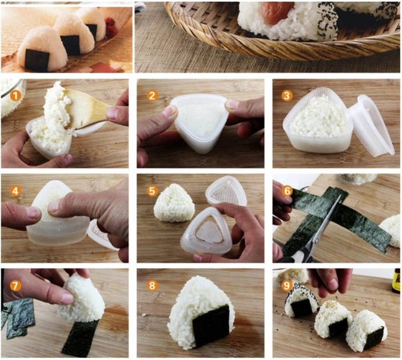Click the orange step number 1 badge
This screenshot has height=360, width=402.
(x=12, y=96)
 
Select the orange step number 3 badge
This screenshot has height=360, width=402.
(x=287, y=96)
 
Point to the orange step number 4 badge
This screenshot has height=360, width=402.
(x=12, y=190)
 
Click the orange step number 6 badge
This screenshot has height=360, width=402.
(x=287, y=190)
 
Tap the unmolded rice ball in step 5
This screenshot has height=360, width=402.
(x=174, y=203)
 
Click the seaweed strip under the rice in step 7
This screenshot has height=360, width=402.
(x=80, y=337)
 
